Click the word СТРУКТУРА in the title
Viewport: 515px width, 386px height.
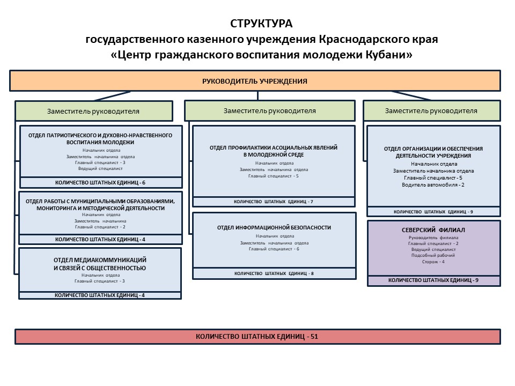click(x=261, y=24)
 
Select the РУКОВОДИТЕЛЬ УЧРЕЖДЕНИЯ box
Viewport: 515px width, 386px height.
click(x=255, y=81)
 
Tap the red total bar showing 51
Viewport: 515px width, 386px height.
click(x=257, y=337)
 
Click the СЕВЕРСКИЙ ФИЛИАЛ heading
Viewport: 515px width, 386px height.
click(x=433, y=230)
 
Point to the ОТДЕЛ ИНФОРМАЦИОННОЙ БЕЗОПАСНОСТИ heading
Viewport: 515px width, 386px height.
click(x=274, y=227)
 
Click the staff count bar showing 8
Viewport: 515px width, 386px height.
click(x=274, y=273)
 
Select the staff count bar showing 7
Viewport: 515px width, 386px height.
click(x=274, y=202)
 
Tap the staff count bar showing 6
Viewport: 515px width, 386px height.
click(x=100, y=182)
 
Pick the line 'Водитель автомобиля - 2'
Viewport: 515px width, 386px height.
click(x=433, y=184)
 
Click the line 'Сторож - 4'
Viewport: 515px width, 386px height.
click(x=433, y=262)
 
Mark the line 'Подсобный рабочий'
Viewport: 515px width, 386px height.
click(x=433, y=255)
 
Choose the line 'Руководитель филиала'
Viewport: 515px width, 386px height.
click(x=433, y=237)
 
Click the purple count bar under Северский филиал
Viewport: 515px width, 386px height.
click(x=433, y=280)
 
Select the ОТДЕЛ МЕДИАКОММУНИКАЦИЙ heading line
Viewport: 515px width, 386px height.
click(x=100, y=260)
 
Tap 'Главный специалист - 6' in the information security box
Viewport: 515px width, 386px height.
click(x=274, y=249)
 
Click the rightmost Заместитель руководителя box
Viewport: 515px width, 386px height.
click(x=431, y=111)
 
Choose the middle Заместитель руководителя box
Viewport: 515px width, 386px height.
click(x=270, y=110)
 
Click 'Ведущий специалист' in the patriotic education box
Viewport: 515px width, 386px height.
click(x=100, y=168)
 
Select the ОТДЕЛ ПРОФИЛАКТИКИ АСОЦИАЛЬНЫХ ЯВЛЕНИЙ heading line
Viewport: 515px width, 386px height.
click(x=274, y=147)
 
